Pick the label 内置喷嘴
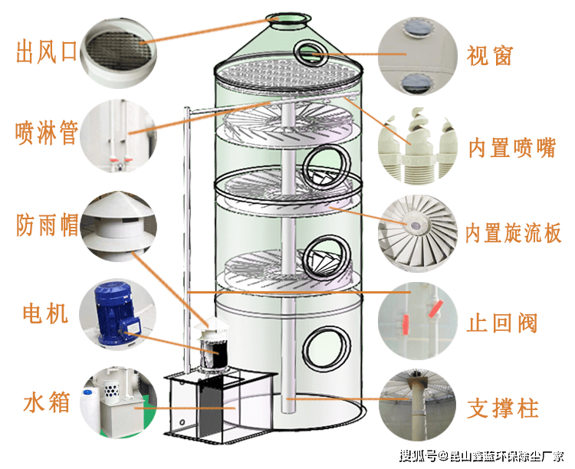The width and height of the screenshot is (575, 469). [511, 146]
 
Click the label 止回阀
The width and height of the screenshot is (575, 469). [501, 322]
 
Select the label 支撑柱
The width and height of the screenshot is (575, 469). [503, 408]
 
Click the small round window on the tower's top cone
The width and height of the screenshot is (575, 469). [311, 52]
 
